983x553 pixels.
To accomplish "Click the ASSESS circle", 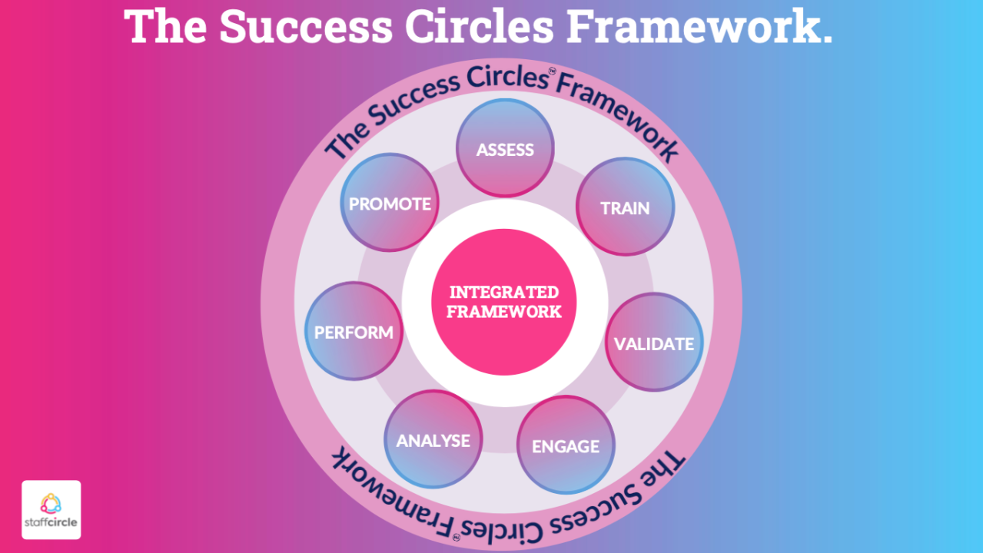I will click(505, 148).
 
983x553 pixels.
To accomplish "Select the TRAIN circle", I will click(625, 207).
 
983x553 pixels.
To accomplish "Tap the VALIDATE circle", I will click(653, 343).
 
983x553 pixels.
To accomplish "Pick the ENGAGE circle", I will click(566, 445).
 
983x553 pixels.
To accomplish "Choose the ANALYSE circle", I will click(433, 439).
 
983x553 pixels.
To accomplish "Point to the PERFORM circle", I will click(354, 331).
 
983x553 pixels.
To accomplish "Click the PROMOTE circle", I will click(390, 203).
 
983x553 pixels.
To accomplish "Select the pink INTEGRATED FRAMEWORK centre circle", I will click(503, 302).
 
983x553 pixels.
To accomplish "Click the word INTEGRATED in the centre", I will click(503, 292).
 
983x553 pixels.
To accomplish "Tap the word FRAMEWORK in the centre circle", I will click(503, 312).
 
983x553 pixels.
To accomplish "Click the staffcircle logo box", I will click(51, 509).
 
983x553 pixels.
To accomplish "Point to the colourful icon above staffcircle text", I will click(51, 502).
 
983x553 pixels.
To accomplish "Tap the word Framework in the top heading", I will click(699, 26).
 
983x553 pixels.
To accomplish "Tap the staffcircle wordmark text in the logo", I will click(51, 525).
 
